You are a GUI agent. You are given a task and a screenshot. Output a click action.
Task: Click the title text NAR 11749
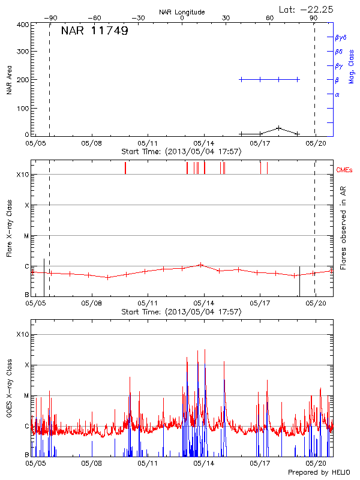pos(94,31)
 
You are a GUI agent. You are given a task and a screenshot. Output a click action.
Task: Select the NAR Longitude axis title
pos(182,12)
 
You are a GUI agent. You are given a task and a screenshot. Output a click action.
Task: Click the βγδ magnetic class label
pos(340,37)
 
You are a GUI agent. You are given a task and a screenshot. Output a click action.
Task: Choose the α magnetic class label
pos(337,94)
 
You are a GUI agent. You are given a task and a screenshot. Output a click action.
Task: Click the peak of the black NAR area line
pos(279,128)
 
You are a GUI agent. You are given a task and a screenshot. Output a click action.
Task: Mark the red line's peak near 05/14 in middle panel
pos(201,264)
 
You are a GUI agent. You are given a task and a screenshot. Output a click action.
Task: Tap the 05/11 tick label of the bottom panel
pos(148,464)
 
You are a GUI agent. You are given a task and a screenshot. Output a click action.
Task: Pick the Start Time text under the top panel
pos(181,152)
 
